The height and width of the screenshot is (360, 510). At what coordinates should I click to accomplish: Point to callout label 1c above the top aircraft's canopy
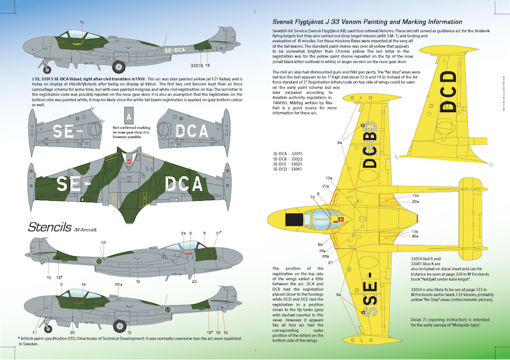coord(82,22)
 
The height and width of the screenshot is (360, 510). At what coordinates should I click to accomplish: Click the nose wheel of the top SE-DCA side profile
coord(101,66)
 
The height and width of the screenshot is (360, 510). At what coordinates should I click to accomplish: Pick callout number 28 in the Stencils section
coord(103,243)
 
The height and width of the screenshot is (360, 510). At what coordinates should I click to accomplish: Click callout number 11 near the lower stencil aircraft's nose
coord(35,332)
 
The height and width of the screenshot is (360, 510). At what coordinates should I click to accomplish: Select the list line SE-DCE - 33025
coord(287,164)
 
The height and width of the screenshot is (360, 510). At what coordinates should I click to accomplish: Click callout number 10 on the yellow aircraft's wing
coord(329,178)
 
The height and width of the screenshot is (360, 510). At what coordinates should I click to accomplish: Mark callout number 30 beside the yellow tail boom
coord(415,236)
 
